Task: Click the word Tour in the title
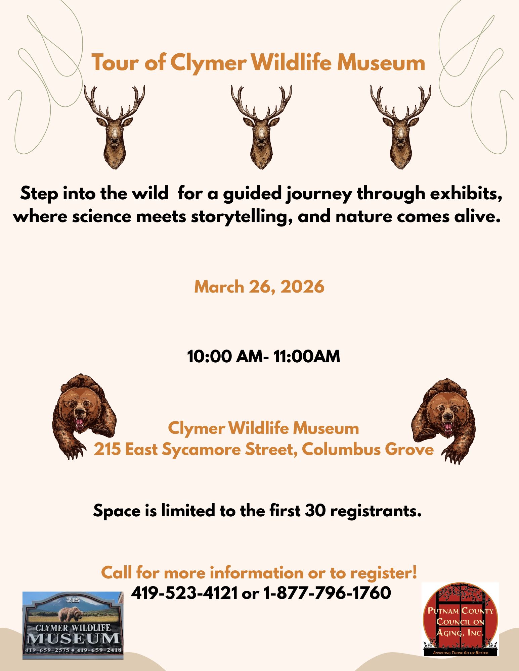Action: pyautogui.click(x=112, y=63)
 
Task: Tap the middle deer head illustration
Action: pyautogui.click(x=261, y=127)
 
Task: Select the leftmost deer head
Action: pyautogui.click(x=115, y=127)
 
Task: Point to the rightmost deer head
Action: pyautogui.click(x=400, y=127)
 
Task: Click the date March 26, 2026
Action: pyautogui.click(x=259, y=287)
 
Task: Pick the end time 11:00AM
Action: pyautogui.click(x=307, y=356)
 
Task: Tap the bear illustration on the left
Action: pyautogui.click(x=84, y=416)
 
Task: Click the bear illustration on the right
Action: pyautogui.click(x=443, y=421)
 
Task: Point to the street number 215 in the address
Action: pyautogui.click(x=107, y=450)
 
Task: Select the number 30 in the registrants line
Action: pyautogui.click(x=315, y=511)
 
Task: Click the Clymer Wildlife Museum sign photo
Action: pyautogui.click(x=73, y=625)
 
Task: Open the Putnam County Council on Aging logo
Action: pyautogui.click(x=460, y=619)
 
